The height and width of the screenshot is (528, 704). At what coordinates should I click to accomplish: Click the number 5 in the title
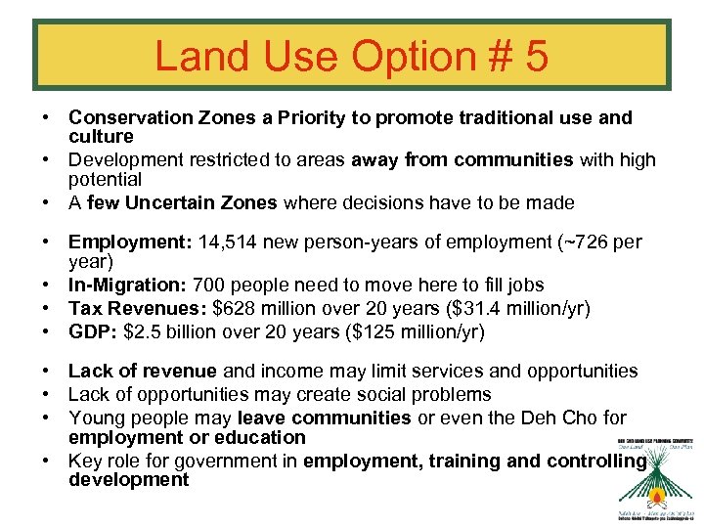pos(535,57)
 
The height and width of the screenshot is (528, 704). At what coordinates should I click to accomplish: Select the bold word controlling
pos(597,460)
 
